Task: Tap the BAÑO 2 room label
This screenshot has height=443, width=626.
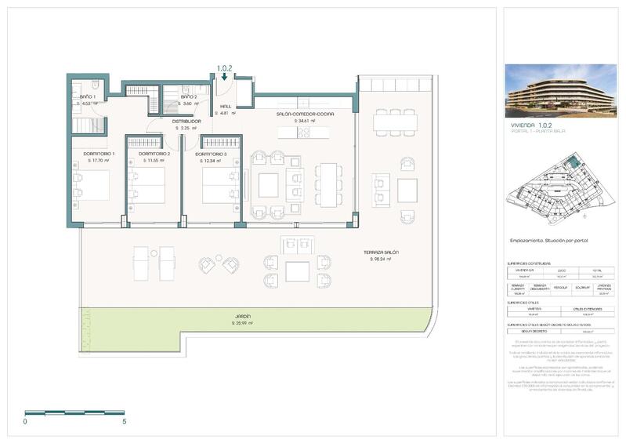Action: point(190,96)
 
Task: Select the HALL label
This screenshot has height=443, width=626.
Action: point(224,107)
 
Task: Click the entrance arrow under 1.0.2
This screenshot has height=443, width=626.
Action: point(225,78)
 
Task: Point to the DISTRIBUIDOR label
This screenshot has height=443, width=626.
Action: point(187,122)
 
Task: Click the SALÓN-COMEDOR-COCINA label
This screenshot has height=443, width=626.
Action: point(305,114)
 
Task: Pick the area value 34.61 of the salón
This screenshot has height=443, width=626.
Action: point(305,122)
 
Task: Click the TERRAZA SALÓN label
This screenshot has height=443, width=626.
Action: point(381,252)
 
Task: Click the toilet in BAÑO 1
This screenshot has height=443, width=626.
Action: point(95,86)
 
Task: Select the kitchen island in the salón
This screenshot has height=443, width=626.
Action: point(306,133)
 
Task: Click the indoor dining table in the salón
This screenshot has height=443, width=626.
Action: point(327,182)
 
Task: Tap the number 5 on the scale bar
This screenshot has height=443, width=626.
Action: point(125,421)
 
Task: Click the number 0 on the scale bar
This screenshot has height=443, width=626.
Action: point(25,421)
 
